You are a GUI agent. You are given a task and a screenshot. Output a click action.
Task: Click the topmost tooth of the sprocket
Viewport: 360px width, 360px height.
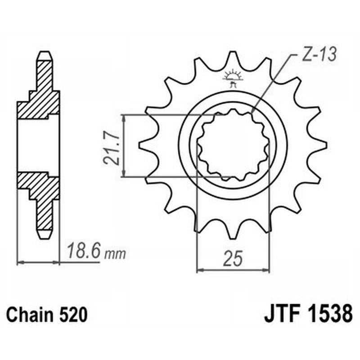point(233,58)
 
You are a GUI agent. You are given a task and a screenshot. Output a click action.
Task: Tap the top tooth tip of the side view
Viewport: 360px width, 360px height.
point(44,55)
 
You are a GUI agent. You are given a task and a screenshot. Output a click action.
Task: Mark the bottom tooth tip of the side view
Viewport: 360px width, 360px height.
point(44,235)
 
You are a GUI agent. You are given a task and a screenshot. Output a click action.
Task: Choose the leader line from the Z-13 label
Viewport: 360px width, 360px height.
point(274,83)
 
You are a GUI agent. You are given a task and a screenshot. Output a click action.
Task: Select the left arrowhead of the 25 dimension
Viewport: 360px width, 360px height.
point(201,270)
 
